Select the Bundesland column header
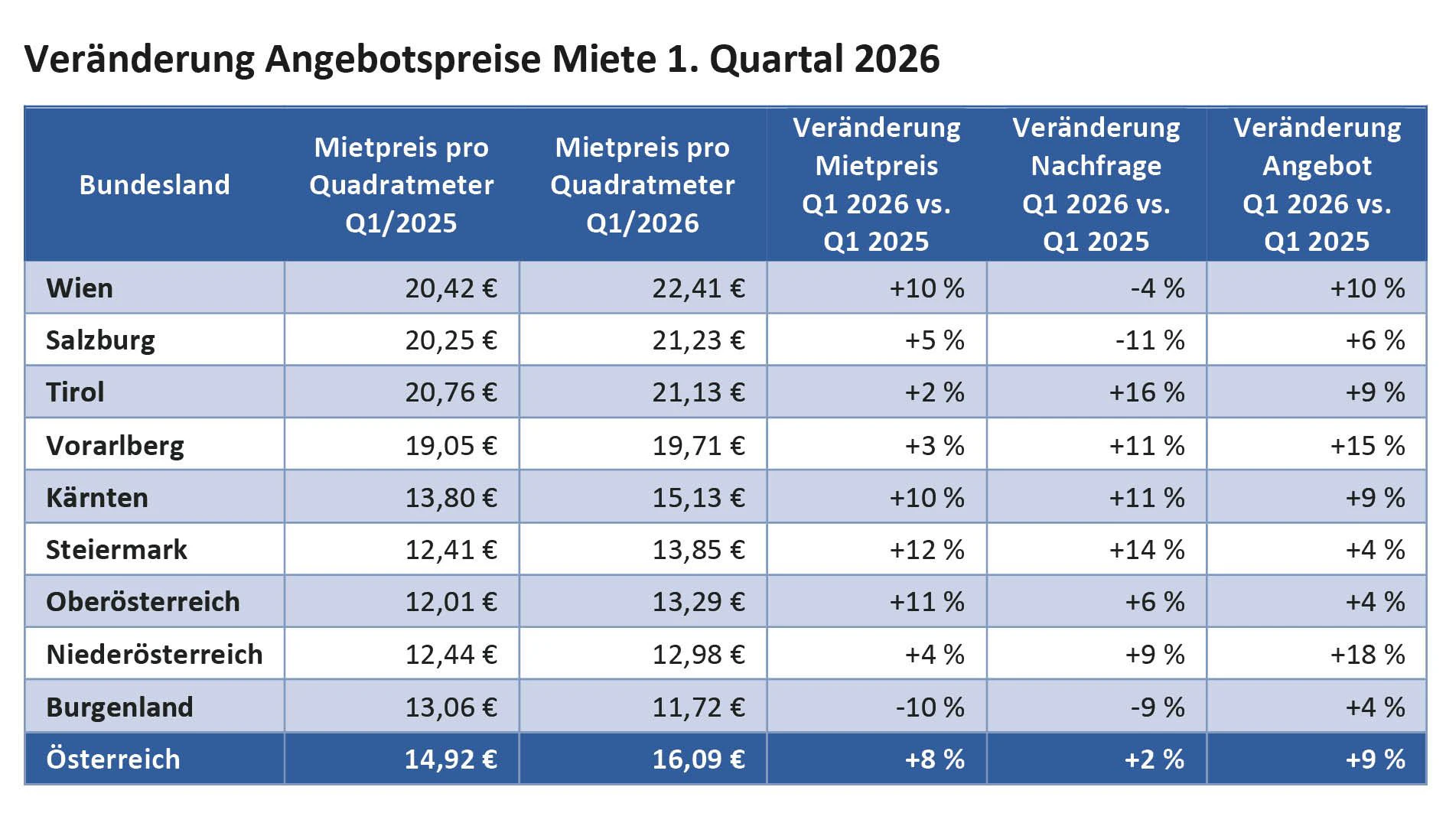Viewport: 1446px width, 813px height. [155, 185]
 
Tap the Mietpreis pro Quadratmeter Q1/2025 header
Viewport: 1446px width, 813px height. [401, 185]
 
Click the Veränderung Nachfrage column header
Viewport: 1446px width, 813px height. [1096, 184]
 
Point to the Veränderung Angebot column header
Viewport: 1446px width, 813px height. [1317, 184]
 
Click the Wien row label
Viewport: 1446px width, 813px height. [80, 288]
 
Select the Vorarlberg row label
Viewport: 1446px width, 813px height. [115, 445]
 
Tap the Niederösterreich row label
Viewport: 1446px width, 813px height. [154, 655]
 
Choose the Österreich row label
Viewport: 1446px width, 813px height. [113, 759]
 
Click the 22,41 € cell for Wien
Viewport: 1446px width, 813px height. [698, 288]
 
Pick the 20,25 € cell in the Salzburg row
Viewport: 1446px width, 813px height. [451, 340]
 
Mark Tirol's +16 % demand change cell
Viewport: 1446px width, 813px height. [1146, 392]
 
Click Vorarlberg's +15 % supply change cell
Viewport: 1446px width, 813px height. [1366, 445]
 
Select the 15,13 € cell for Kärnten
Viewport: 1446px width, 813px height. [698, 498]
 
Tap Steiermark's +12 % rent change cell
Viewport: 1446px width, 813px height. [926, 550]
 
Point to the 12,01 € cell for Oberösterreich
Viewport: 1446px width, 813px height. [451, 602]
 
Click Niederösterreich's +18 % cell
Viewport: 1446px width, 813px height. [1366, 655]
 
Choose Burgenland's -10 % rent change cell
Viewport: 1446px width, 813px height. [929, 707]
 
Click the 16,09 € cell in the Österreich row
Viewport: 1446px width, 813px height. [698, 759]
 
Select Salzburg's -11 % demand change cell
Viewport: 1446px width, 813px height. [1149, 340]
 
